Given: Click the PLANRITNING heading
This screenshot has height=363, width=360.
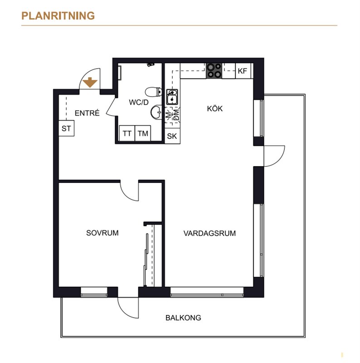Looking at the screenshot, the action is (58, 16).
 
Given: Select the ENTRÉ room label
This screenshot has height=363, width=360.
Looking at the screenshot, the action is (87, 113).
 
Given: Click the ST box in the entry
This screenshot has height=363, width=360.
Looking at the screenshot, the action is (66, 128).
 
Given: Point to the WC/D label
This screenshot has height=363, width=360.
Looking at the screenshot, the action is (139, 102).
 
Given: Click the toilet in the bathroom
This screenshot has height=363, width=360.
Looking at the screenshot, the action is (154, 92).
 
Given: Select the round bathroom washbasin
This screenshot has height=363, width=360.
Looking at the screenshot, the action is (156, 113).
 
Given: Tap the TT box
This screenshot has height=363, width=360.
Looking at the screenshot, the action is (127, 133).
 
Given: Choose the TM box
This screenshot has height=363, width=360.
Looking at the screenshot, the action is (143, 133).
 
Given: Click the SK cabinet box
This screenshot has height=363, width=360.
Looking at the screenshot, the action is (172, 136).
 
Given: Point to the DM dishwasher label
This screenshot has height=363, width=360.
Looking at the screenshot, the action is (176, 115).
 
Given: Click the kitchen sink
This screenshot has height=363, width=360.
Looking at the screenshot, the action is (172, 97).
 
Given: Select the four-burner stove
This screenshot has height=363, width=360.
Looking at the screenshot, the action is (214, 71).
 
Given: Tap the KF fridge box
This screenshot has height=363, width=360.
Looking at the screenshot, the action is (243, 71).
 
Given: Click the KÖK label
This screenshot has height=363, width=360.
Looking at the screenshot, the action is (215, 108).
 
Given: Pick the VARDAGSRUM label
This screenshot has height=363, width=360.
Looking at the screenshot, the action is (209, 233).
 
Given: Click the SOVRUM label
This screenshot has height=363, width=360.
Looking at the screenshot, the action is (102, 233).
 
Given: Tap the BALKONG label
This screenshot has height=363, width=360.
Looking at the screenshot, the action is (183, 318).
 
